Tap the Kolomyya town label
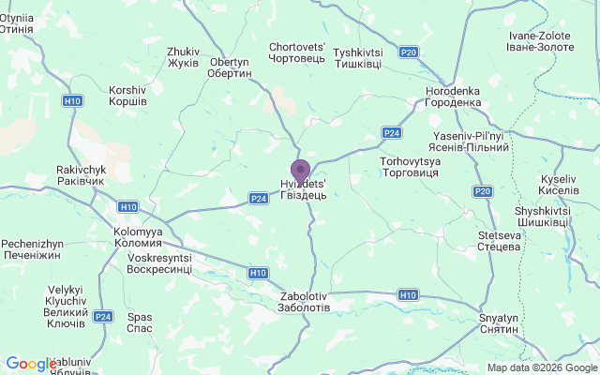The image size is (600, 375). (138, 237)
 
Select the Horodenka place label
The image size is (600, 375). (453, 97)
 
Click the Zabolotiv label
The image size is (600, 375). (305, 302)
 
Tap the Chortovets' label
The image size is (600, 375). (297, 52)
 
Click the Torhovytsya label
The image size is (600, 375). (411, 168)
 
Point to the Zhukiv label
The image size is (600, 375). (183, 57)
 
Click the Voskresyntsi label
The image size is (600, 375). (159, 263)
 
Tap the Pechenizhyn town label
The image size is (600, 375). (32, 248)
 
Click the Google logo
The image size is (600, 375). (30, 364)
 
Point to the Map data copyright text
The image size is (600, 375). (543, 367)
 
